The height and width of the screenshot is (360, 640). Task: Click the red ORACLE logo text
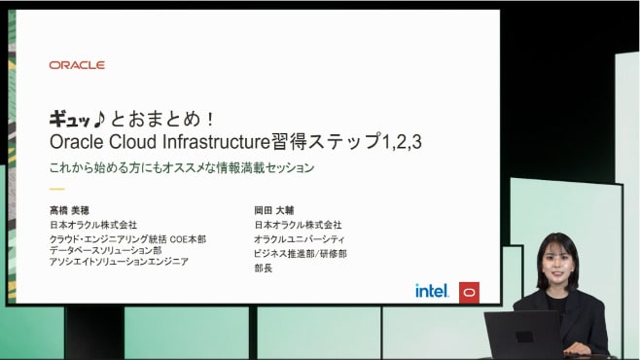click(77, 65)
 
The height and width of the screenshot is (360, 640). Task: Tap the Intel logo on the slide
click(431, 290)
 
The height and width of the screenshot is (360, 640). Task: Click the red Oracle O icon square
click(469, 290)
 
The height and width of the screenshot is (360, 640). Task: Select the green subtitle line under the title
click(182, 167)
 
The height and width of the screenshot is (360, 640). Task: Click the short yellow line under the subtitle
click(56, 189)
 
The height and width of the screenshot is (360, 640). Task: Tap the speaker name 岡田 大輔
click(274, 209)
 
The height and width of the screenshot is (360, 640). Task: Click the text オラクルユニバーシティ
click(300, 238)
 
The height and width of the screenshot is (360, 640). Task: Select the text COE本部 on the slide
click(188, 238)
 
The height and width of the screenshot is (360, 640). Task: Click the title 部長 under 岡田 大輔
click(264, 268)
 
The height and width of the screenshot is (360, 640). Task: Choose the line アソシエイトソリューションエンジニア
click(119, 262)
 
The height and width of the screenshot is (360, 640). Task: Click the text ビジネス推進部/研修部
click(301, 253)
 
